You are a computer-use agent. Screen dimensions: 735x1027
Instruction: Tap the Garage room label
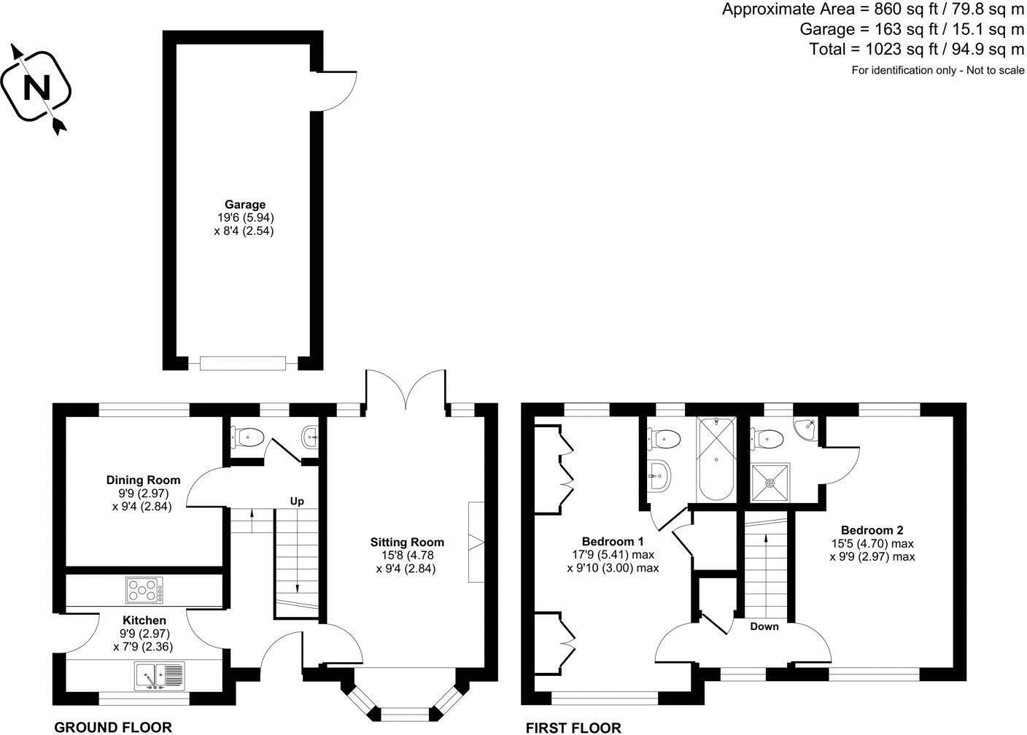[x=244, y=205]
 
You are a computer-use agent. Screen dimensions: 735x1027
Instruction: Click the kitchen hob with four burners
[x=144, y=589]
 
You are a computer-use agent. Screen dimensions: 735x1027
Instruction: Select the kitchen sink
[x=160, y=676]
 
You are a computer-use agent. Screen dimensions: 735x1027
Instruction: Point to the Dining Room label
[x=143, y=480]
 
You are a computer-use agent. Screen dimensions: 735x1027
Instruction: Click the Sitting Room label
[x=406, y=542]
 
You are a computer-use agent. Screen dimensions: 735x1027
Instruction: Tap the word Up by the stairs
[x=297, y=501]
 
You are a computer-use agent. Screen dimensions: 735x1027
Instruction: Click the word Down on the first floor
[x=764, y=626]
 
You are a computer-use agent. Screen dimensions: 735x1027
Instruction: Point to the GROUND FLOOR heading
[x=113, y=727]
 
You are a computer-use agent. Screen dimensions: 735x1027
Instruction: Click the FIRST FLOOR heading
[x=573, y=727]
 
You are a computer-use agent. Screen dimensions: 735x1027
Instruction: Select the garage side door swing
[x=337, y=91]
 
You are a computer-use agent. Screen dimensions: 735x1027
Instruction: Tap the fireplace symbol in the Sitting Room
[x=476, y=542]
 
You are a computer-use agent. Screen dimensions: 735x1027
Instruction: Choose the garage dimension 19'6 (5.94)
[x=244, y=217]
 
